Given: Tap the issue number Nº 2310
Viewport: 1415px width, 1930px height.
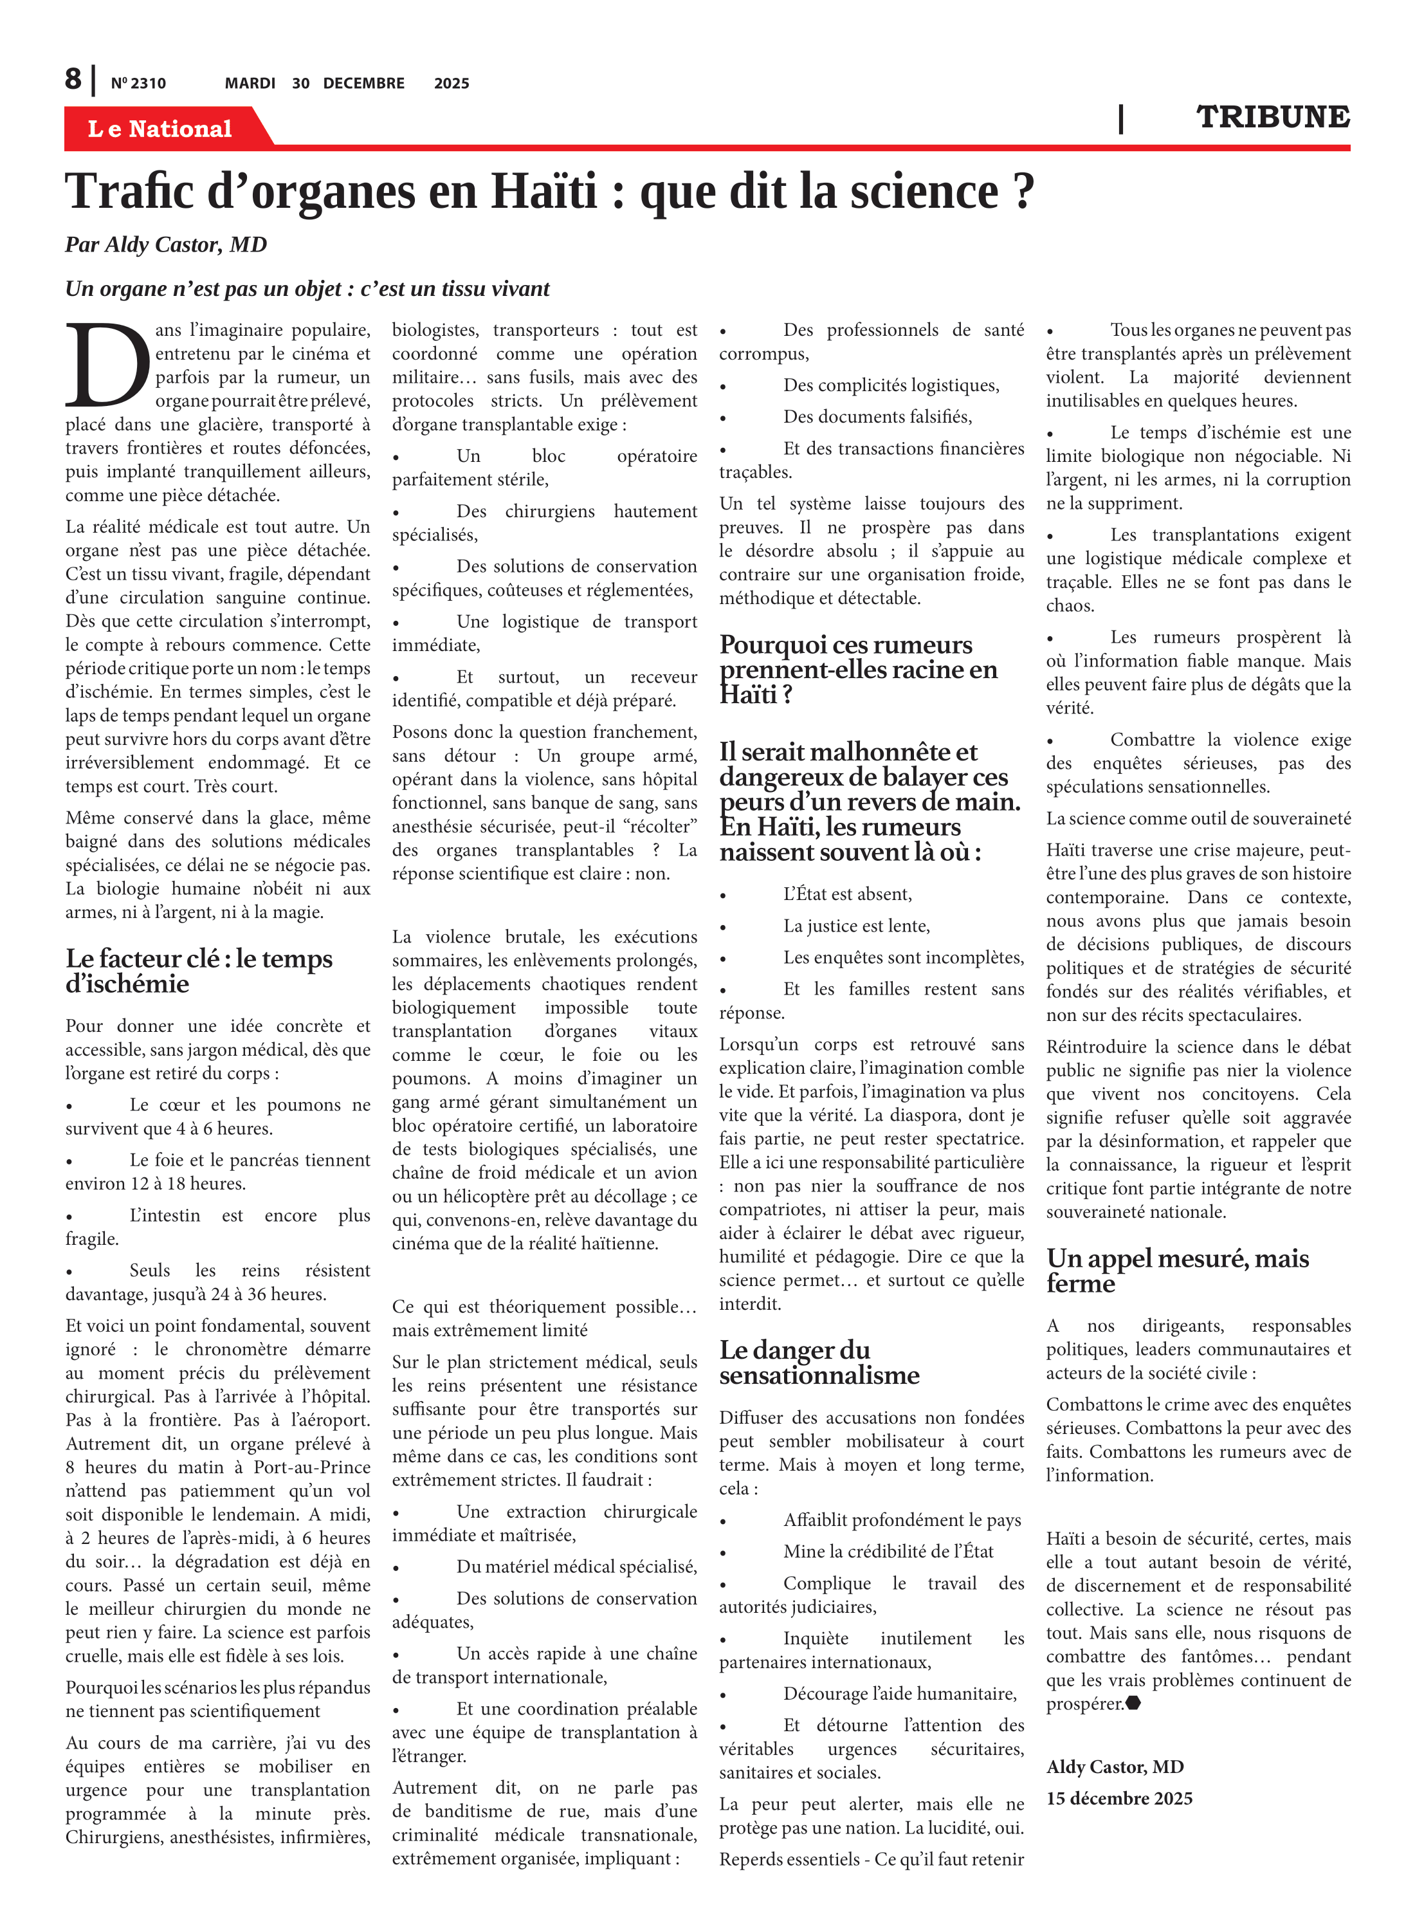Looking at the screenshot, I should pos(138,83).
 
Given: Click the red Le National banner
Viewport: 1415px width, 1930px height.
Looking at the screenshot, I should pos(160,129).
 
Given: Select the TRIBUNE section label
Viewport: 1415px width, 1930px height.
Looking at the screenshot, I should pos(1272,117).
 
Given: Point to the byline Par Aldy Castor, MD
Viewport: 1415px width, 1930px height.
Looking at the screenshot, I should pos(166,245).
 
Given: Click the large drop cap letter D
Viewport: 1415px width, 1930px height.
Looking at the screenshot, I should pos(106,366).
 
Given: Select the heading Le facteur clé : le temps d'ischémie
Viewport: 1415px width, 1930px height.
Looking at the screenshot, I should pos(199,971).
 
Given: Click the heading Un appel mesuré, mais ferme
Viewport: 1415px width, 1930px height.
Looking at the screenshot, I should pos(1177,1271).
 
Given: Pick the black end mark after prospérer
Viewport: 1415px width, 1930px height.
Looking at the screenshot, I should pos(1133,1703).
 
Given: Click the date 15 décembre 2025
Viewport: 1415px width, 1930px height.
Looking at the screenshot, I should pos(1118,1798).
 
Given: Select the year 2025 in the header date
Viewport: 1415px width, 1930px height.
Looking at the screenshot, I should pos(452,83).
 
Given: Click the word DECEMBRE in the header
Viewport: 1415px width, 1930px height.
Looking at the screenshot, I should pos(363,83).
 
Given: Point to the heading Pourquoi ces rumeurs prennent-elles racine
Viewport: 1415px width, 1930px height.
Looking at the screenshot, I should pos(857,669).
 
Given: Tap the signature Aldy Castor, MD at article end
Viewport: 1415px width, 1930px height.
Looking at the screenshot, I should pos(1115,1767).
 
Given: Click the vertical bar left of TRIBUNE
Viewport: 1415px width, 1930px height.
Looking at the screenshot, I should pos(1120,118).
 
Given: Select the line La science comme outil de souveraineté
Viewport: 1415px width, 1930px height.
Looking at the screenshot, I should pos(1198,818).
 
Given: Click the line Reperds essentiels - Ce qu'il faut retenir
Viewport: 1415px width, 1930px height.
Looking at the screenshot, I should pos(871,1859).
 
